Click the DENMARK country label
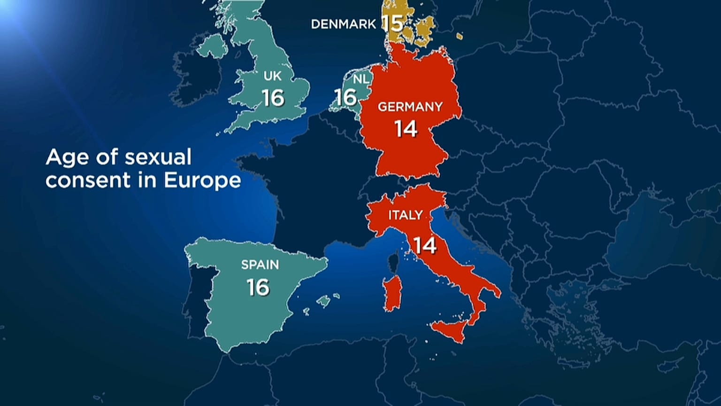pyautogui.click(x=343, y=24)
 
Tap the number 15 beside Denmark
pyautogui.click(x=392, y=23)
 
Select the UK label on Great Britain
pyautogui.click(x=273, y=76)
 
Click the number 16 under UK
pyautogui.click(x=273, y=98)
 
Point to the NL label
pyautogui.click(x=361, y=79)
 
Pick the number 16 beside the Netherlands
pyautogui.click(x=345, y=98)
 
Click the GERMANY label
pyautogui.click(x=410, y=107)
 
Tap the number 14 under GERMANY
pyautogui.click(x=406, y=129)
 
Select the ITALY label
pyautogui.click(x=406, y=215)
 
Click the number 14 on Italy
pyautogui.click(x=425, y=245)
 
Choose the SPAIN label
pyautogui.click(x=260, y=265)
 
